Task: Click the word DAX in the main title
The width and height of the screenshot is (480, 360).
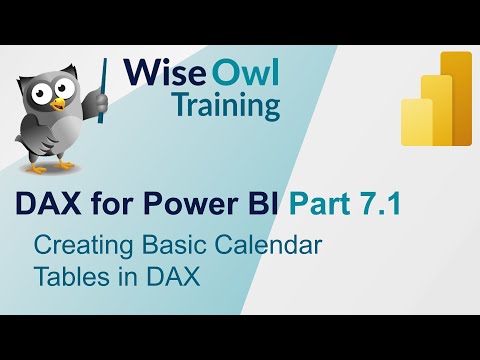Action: [x=46, y=205]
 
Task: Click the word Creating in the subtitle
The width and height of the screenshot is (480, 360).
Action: [x=76, y=243]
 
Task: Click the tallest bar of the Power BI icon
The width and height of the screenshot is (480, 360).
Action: [x=456, y=98]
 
